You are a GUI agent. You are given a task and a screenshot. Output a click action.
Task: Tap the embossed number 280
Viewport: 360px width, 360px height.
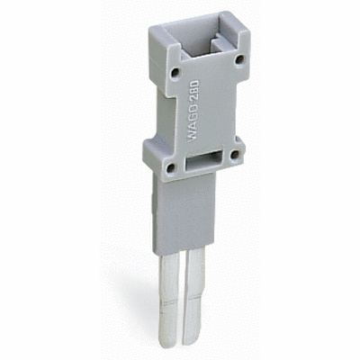[194, 89]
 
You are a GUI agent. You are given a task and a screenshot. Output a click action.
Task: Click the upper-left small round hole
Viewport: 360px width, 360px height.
[175, 72]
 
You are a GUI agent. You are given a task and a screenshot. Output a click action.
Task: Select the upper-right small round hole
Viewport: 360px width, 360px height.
[239, 59]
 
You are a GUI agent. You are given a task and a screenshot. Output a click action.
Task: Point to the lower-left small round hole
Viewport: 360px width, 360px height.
[171, 167]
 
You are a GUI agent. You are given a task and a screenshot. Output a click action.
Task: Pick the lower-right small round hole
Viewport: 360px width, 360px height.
[234, 155]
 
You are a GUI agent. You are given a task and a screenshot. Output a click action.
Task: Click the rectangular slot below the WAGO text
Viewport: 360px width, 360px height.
[202, 160]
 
